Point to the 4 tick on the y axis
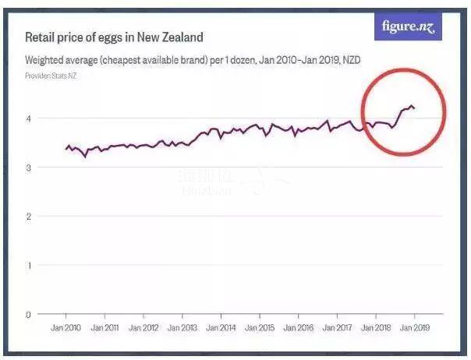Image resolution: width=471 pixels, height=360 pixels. [29, 118]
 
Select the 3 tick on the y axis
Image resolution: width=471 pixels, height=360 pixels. [29, 168]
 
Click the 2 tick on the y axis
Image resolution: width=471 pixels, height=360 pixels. [29, 216]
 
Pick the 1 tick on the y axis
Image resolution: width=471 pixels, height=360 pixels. [29, 265]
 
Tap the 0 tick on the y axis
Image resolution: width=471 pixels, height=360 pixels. [29, 314]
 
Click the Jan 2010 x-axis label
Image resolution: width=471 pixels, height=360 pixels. [67, 329]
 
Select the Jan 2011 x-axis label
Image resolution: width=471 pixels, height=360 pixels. [105, 329]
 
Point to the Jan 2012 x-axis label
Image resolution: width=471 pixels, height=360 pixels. [143, 329]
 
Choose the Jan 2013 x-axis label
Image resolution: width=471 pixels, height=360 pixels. [182, 329]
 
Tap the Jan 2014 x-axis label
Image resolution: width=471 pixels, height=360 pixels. [221, 329]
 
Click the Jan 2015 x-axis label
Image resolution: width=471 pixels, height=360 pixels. [260, 329]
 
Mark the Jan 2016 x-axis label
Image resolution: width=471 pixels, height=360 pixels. [298, 329]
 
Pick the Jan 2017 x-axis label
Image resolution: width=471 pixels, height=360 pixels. [336, 329]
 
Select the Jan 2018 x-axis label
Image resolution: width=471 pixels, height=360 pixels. [375, 329]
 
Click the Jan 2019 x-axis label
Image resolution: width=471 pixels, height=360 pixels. [413, 329]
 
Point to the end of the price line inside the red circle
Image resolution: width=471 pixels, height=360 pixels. [414, 108]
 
